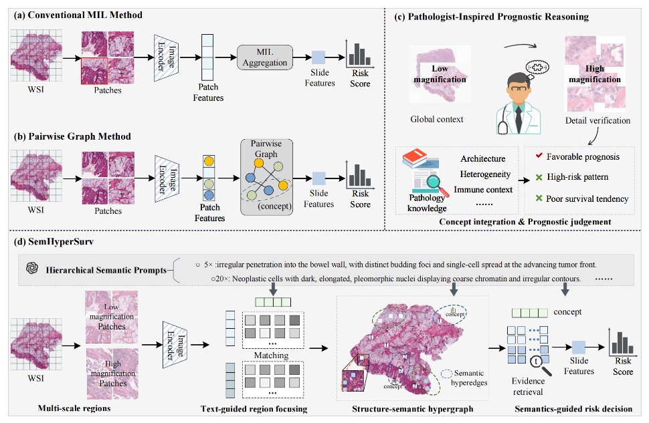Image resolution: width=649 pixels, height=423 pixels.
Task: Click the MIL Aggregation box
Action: (x=265, y=57)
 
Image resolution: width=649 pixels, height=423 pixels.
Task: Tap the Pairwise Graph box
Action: (x=266, y=177)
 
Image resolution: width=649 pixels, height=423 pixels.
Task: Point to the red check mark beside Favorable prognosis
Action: (x=539, y=156)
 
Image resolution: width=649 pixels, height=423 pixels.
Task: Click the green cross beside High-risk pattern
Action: (x=539, y=177)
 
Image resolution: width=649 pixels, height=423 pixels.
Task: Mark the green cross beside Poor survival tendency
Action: (x=539, y=198)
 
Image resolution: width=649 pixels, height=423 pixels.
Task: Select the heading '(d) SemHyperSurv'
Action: (x=54, y=241)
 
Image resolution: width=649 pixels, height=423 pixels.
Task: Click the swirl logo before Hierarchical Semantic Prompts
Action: (x=32, y=269)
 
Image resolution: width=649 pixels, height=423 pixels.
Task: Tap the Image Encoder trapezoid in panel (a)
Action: (x=167, y=58)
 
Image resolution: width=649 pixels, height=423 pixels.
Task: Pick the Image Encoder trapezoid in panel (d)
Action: (x=175, y=344)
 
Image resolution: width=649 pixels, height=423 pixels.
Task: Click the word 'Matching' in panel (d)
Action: (x=271, y=356)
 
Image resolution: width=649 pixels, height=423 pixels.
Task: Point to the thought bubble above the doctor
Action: (x=537, y=67)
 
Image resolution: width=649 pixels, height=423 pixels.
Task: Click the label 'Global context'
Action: (x=437, y=119)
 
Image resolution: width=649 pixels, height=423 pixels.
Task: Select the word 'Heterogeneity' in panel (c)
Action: (x=485, y=174)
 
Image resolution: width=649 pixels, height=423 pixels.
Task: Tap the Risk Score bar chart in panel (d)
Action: (x=622, y=342)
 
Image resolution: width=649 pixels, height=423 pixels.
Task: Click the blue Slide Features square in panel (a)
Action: (x=318, y=57)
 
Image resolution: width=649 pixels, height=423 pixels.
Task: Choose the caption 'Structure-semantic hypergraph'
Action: (x=413, y=409)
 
